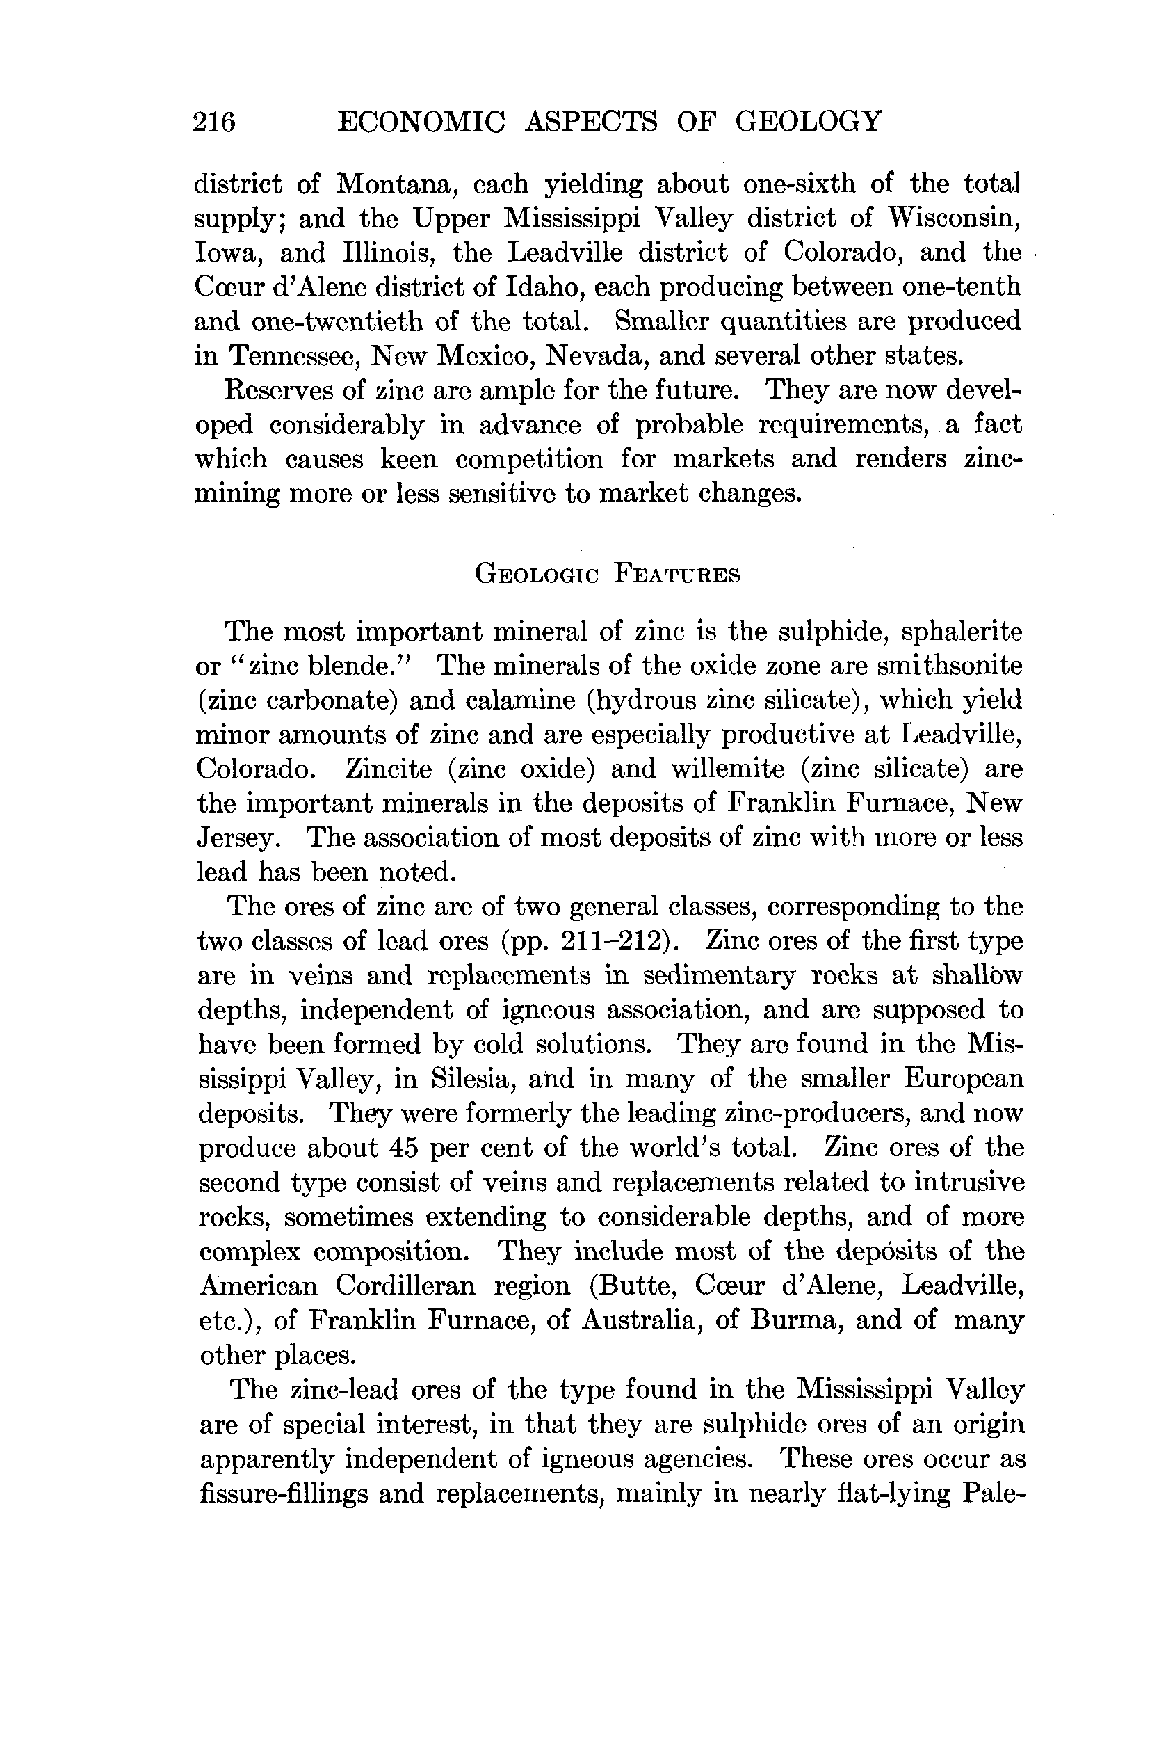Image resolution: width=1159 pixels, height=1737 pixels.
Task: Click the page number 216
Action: pos(214,122)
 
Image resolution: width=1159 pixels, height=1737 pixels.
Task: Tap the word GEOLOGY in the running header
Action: pos(809,120)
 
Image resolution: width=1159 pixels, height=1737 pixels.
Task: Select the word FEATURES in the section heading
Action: pos(677,575)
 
